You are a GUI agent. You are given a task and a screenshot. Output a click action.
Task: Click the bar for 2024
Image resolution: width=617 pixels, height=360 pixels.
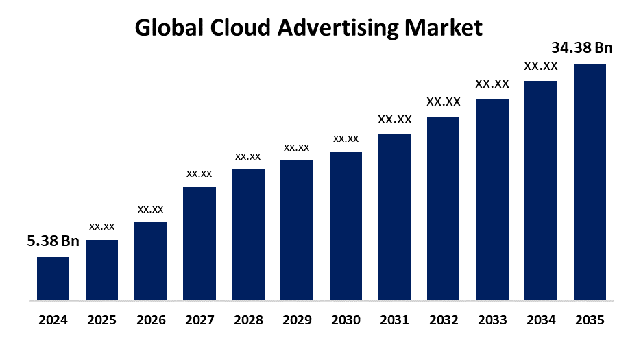coord(53,278)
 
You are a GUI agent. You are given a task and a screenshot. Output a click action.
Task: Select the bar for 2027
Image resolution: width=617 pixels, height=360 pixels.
coord(199,243)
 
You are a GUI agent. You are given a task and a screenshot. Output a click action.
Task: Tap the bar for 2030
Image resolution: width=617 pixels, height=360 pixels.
coord(346,226)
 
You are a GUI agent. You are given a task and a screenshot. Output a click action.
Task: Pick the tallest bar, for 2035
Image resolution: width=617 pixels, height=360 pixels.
coord(590,182)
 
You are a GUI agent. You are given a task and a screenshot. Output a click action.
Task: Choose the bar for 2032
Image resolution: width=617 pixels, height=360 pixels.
coord(443,208)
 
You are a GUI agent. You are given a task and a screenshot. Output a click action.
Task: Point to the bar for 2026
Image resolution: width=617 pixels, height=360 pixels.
coord(150,261)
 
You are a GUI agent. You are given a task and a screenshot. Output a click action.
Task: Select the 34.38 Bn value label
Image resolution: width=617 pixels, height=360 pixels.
coord(582,48)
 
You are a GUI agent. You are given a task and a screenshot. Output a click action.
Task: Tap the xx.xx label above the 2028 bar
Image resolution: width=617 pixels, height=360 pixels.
coord(247,156)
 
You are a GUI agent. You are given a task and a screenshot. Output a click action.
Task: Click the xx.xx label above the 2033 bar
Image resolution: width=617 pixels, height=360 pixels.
coord(492,84)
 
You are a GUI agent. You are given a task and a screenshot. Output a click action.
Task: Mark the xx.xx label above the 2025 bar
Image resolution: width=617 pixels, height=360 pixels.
coord(101,226)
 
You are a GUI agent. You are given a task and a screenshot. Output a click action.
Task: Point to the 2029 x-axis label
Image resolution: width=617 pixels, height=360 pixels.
coord(297,320)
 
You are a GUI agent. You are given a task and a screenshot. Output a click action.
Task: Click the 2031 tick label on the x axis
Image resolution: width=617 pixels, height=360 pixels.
coord(394,320)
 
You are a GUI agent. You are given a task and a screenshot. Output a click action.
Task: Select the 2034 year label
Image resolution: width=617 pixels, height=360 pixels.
coord(541,320)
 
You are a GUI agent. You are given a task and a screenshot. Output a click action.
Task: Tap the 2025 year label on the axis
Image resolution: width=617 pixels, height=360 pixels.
coord(101,320)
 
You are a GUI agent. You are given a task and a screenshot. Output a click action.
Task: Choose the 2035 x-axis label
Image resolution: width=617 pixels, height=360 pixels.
coord(590,320)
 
